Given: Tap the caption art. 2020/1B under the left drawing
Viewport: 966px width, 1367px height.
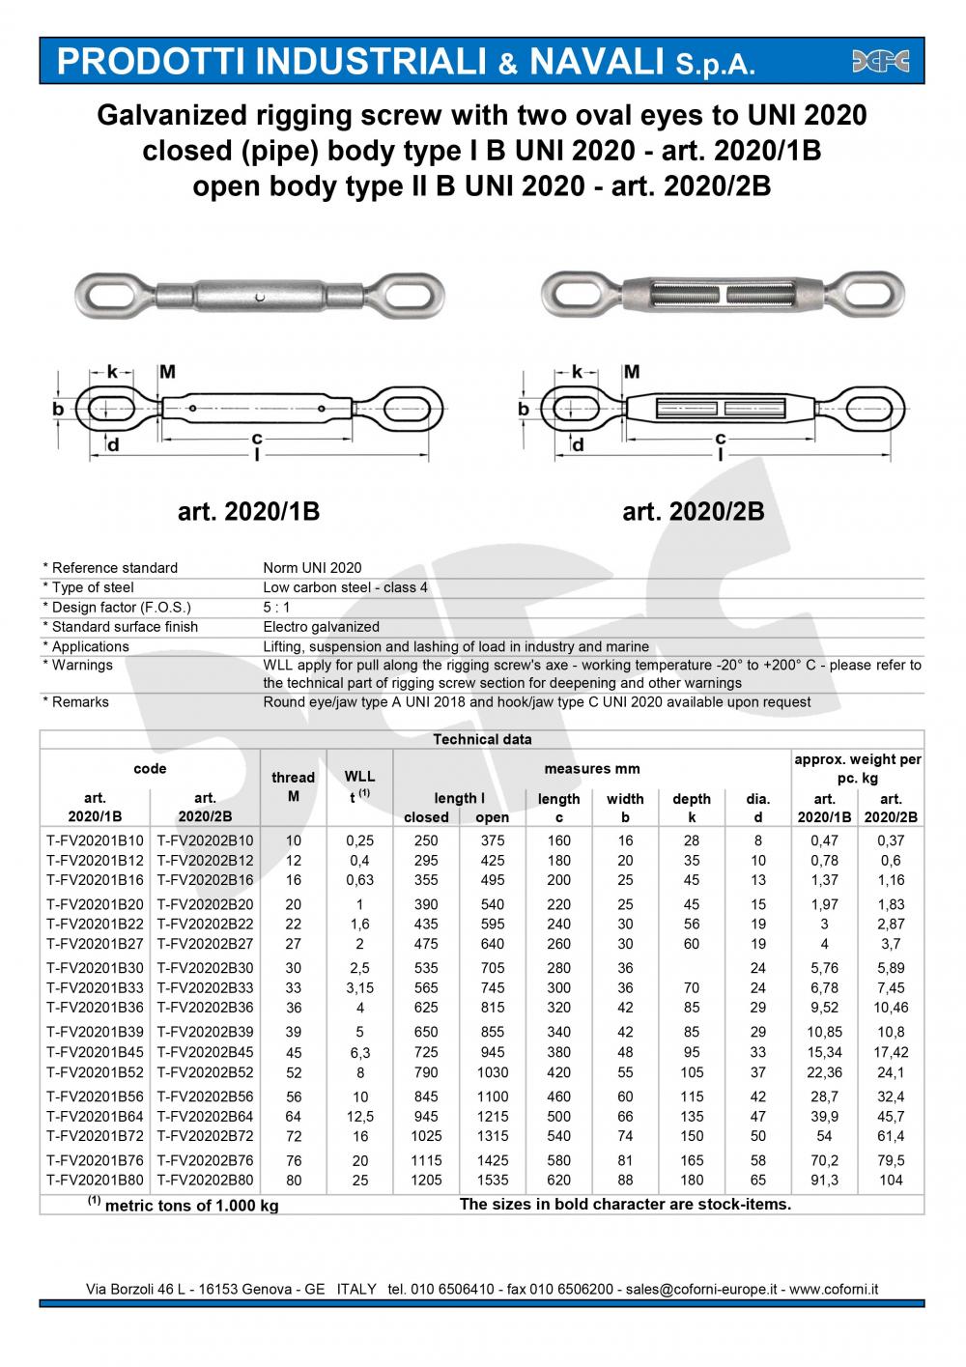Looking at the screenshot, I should point(248,511).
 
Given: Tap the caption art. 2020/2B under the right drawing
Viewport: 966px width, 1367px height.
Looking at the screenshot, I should point(694,511).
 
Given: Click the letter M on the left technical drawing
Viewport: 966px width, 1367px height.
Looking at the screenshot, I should point(166,372).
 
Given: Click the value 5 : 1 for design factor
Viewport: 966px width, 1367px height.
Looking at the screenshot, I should point(276,608).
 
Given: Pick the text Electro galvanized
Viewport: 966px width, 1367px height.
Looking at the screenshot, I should point(321,627).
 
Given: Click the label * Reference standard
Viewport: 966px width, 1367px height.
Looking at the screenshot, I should point(110,568).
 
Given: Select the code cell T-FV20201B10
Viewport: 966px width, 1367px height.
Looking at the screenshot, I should point(95,840).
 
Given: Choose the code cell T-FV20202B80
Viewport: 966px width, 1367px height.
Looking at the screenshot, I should point(205,1180).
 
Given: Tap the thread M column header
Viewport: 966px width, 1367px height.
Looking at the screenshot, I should point(293,785).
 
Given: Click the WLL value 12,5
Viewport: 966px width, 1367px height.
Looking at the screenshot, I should point(359,1116).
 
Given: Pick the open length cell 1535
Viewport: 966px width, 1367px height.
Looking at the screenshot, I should point(493,1180).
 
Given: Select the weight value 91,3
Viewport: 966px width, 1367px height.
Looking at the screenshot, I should point(824,1180).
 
